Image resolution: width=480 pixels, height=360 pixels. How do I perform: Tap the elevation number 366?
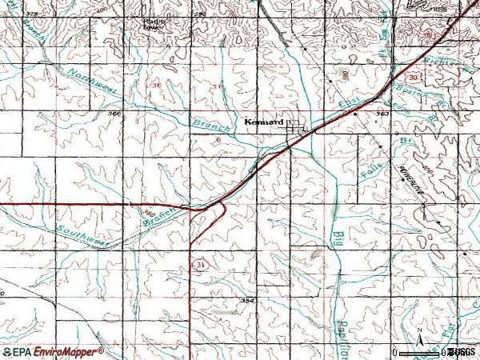pos(114,114)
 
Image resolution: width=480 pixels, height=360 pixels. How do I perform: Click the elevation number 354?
pos(247,300)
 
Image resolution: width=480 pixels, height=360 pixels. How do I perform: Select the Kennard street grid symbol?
pos(297,126)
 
